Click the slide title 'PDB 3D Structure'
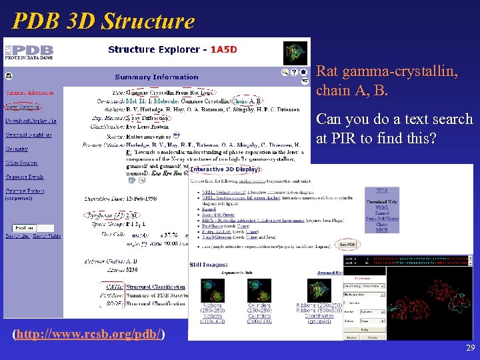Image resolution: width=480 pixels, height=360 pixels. tap(103, 21)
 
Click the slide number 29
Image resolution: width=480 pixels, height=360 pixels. tap(471, 349)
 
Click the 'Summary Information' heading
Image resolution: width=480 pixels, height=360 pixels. tap(157, 77)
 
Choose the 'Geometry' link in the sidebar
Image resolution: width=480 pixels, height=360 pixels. tap(17, 149)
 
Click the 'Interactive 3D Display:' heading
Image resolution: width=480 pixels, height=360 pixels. tap(225, 169)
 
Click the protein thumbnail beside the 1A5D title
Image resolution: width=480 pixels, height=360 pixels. tap(296, 52)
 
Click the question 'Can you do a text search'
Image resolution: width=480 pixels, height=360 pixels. tap(393, 120)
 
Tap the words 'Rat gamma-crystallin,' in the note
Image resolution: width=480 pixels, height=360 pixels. tap(387, 71)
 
